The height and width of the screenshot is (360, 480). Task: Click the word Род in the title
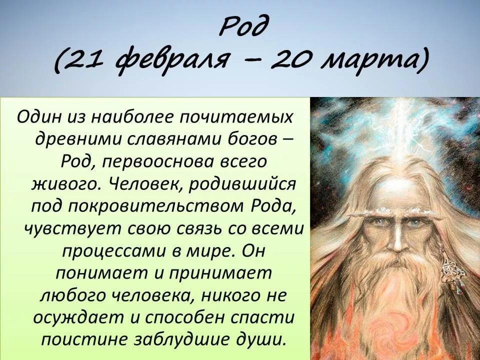click(244, 27)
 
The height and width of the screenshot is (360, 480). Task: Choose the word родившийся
click(242, 184)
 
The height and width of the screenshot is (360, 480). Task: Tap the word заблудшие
click(180, 340)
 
